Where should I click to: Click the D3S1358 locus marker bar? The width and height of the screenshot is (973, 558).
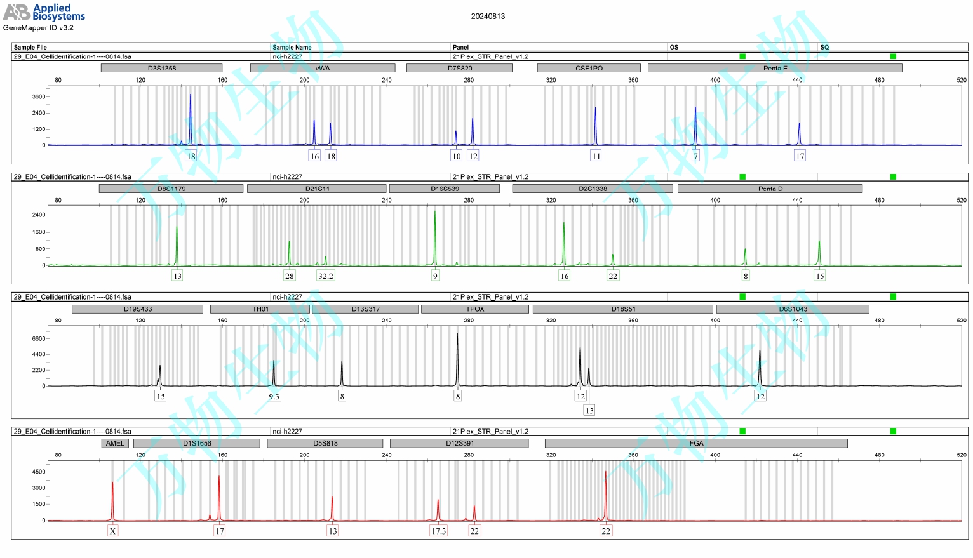pos(161,68)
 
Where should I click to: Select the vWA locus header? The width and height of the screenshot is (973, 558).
pos(323,68)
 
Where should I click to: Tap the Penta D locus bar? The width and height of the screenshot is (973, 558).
pos(770,189)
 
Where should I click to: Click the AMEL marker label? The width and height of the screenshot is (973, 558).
pos(115,443)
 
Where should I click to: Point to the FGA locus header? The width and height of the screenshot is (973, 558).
pos(696,443)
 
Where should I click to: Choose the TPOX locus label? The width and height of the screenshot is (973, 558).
pos(475,309)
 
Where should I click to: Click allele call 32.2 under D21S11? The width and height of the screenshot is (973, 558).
pos(325,276)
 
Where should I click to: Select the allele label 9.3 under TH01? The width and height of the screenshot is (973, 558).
pos(274,396)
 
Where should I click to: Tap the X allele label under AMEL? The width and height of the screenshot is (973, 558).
pos(112,531)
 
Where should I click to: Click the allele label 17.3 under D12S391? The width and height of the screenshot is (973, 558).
pos(438,531)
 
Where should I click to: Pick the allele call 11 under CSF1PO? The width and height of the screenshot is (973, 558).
pos(596,156)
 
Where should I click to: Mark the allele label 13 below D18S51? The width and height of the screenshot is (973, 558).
pos(589,411)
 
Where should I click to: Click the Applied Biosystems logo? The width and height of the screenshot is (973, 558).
pos(44,12)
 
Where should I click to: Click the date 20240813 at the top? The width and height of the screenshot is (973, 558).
pos(488,17)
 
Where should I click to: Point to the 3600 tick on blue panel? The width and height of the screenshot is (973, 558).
pos(39,97)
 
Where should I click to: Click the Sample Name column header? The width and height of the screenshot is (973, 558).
pos(292,47)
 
